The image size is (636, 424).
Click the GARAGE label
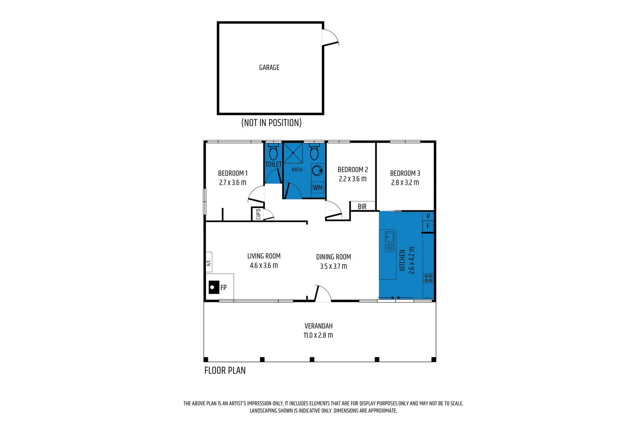[269, 68]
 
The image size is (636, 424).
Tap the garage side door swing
[330, 37]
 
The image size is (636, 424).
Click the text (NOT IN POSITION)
[271, 123]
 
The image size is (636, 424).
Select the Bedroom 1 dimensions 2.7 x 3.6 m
[233, 183]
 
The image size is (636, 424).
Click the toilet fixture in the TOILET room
[273, 153]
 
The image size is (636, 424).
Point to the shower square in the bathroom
[293, 153]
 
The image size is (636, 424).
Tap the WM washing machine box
[318, 188]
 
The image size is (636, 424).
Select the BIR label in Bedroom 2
[362, 207]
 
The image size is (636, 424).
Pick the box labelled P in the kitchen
[428, 217]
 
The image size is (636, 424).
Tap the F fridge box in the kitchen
[428, 227]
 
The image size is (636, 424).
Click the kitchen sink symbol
[390, 241]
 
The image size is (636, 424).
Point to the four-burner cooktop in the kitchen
[428, 278]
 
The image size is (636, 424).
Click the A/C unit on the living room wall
[209, 262]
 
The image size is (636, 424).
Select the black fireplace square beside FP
[214, 287]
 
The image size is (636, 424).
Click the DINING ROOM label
[333, 257]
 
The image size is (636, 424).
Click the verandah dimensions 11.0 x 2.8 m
[318, 335]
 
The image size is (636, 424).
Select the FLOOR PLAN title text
[225, 371]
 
